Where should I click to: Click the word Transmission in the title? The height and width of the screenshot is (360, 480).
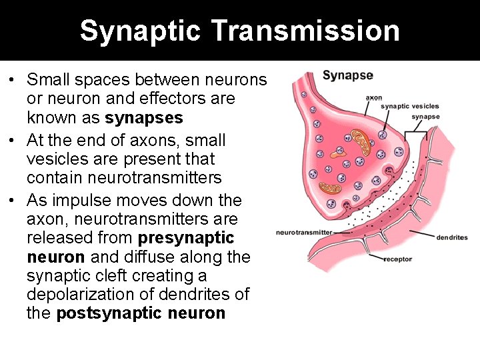(306, 31)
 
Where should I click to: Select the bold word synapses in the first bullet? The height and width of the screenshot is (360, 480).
(144, 118)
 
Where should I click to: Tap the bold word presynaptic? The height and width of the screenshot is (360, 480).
(186, 238)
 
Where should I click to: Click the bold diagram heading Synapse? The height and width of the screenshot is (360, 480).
(347, 75)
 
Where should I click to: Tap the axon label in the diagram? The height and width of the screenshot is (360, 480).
(373, 97)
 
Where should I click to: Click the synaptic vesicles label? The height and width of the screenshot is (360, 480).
(409, 106)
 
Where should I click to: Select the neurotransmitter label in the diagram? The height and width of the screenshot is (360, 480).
(303, 233)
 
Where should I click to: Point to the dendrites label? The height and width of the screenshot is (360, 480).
(451, 237)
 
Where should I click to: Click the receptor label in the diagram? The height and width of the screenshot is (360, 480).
(397, 259)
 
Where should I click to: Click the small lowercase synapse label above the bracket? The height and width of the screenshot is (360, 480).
(425, 117)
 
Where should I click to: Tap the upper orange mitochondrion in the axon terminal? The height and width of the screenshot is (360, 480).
(363, 141)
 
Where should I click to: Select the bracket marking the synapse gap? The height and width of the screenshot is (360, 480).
(415, 133)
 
